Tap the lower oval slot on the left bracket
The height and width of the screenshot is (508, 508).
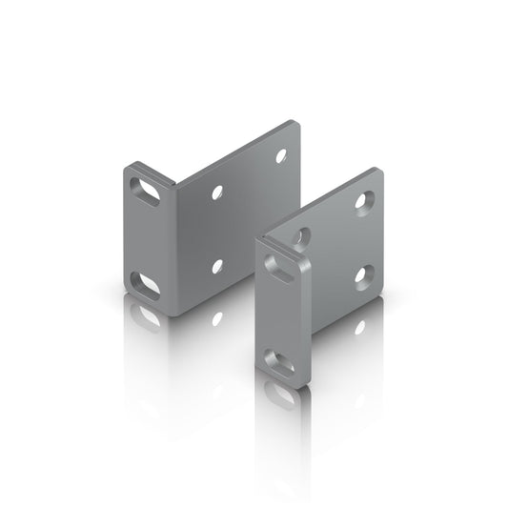[146, 284]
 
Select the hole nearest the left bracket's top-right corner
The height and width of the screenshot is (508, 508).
[281, 155]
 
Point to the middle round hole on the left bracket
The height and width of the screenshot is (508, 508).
[217, 192]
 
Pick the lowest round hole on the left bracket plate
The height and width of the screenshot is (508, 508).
[217, 266]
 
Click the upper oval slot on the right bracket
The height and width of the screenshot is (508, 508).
[282, 271]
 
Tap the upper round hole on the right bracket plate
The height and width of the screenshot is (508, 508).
[363, 200]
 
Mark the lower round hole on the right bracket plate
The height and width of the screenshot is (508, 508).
[363, 276]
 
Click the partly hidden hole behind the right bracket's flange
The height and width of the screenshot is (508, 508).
[301, 235]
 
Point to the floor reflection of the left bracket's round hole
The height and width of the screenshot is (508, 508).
[217, 317]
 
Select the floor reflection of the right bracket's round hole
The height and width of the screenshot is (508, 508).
[359, 327]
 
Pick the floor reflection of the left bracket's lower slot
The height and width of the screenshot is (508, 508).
[147, 315]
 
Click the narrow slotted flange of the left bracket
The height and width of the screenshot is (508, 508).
[146, 238]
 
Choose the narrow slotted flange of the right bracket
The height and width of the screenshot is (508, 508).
[281, 315]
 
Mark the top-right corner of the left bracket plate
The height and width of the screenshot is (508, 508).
[297, 123]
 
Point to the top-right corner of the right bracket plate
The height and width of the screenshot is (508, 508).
[380, 172]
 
